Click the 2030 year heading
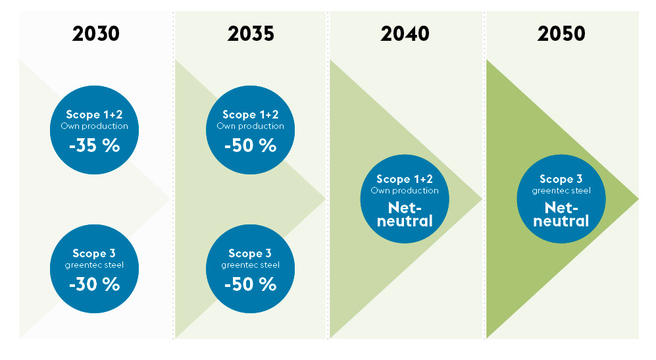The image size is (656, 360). tap(96, 34)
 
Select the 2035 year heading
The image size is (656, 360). tap(251, 34)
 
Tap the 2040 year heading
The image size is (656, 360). tap(405, 34)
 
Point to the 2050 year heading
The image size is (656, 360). tap(561, 34)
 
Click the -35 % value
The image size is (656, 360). tap(95, 145)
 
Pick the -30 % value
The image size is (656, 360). tap(95, 284)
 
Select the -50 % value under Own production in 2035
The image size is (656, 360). tap(250, 145)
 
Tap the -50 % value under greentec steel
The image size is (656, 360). tap(250, 284)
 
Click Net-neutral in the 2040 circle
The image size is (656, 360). tap(405, 214)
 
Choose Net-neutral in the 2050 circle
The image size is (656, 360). tap(561, 214)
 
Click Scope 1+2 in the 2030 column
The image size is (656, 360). tap(95, 115)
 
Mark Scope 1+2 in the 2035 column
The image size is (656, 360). tap(250, 115)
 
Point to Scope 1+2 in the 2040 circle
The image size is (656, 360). tap(405, 179)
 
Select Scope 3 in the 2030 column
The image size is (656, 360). tap(95, 253)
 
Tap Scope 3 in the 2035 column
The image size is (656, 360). tap(250, 253)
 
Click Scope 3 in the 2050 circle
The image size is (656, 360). tap(561, 179)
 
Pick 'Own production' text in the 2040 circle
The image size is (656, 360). tap(405, 191)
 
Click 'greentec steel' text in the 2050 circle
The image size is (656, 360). tap(561, 191)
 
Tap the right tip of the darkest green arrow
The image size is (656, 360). tap(636, 199)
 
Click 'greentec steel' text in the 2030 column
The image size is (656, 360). tap(95, 265)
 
